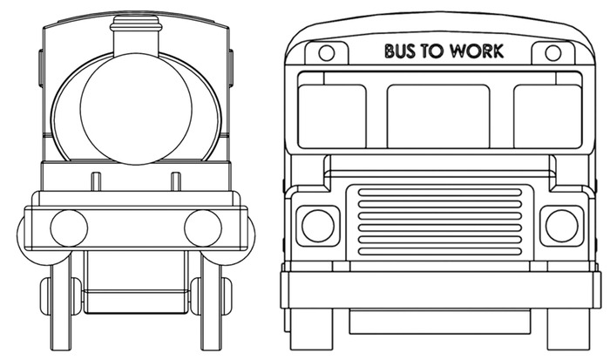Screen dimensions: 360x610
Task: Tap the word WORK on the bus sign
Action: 477,51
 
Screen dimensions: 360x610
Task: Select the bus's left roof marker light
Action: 326,53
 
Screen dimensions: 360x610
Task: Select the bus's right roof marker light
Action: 552,53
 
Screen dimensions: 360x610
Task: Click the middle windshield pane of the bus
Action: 438,117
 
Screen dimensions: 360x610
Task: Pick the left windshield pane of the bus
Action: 332,117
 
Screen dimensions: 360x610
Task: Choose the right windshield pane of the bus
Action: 547,117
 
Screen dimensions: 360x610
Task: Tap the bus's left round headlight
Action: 317,226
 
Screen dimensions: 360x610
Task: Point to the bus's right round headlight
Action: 561,226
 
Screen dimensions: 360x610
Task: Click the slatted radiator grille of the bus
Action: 439,221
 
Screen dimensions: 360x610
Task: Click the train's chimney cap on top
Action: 136,23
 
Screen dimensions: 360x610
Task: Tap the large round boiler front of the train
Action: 136,109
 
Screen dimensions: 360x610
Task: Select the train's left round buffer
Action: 69,228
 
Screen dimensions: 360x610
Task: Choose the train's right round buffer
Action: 203,228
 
